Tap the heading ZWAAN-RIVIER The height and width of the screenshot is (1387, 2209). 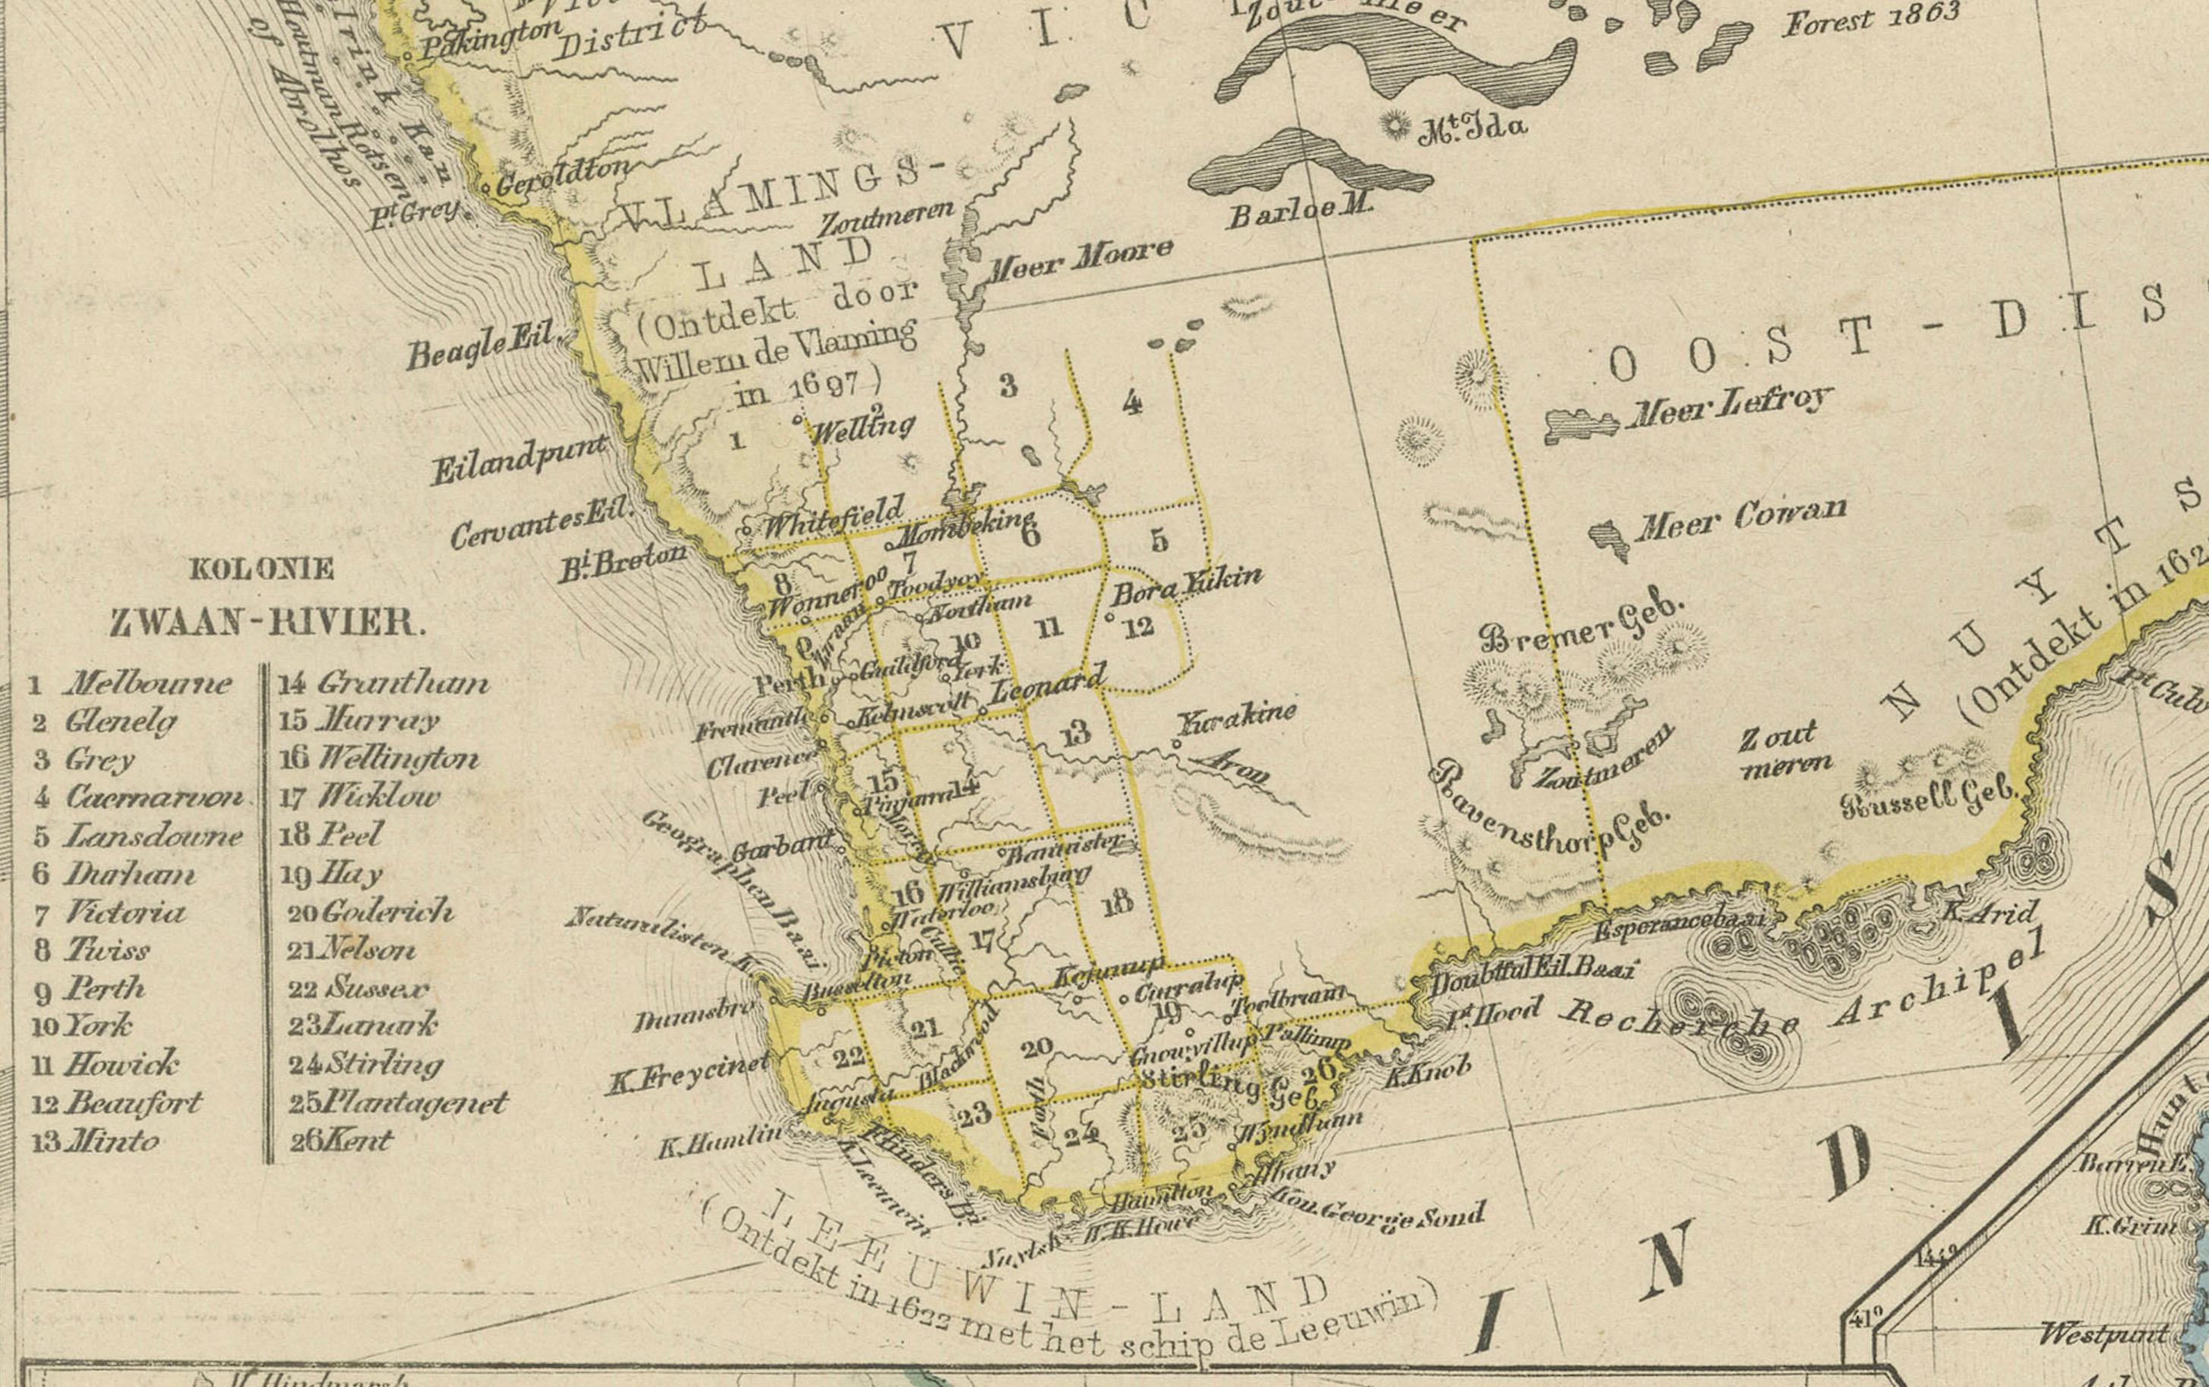[x=268, y=623]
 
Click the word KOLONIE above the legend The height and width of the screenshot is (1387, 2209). [x=261, y=570]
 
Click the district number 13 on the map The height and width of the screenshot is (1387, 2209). [x=1075, y=731]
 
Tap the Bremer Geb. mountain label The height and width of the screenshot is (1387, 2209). [x=1582, y=623]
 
